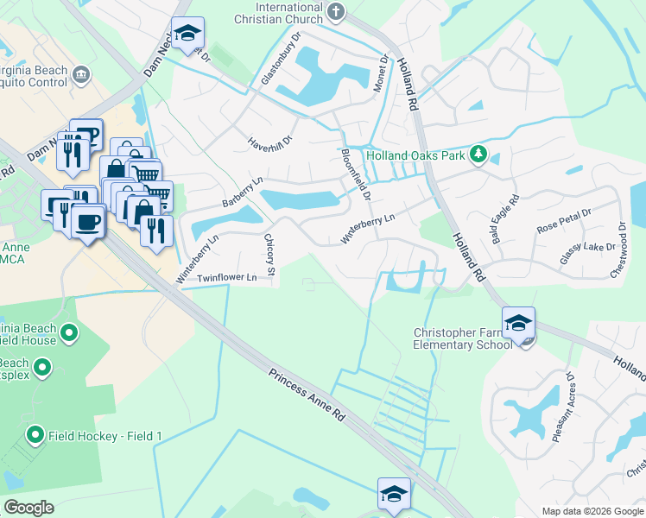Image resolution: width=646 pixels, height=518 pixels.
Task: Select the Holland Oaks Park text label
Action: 415,156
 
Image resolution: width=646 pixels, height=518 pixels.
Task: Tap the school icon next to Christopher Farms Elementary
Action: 518,324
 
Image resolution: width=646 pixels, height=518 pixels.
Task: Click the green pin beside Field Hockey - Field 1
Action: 35,434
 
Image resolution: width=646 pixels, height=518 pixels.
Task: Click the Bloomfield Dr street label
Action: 355,174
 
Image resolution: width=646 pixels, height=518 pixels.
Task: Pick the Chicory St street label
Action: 269,256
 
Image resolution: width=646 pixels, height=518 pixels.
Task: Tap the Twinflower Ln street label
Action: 227,277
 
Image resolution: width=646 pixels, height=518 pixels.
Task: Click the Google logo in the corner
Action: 28,508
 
